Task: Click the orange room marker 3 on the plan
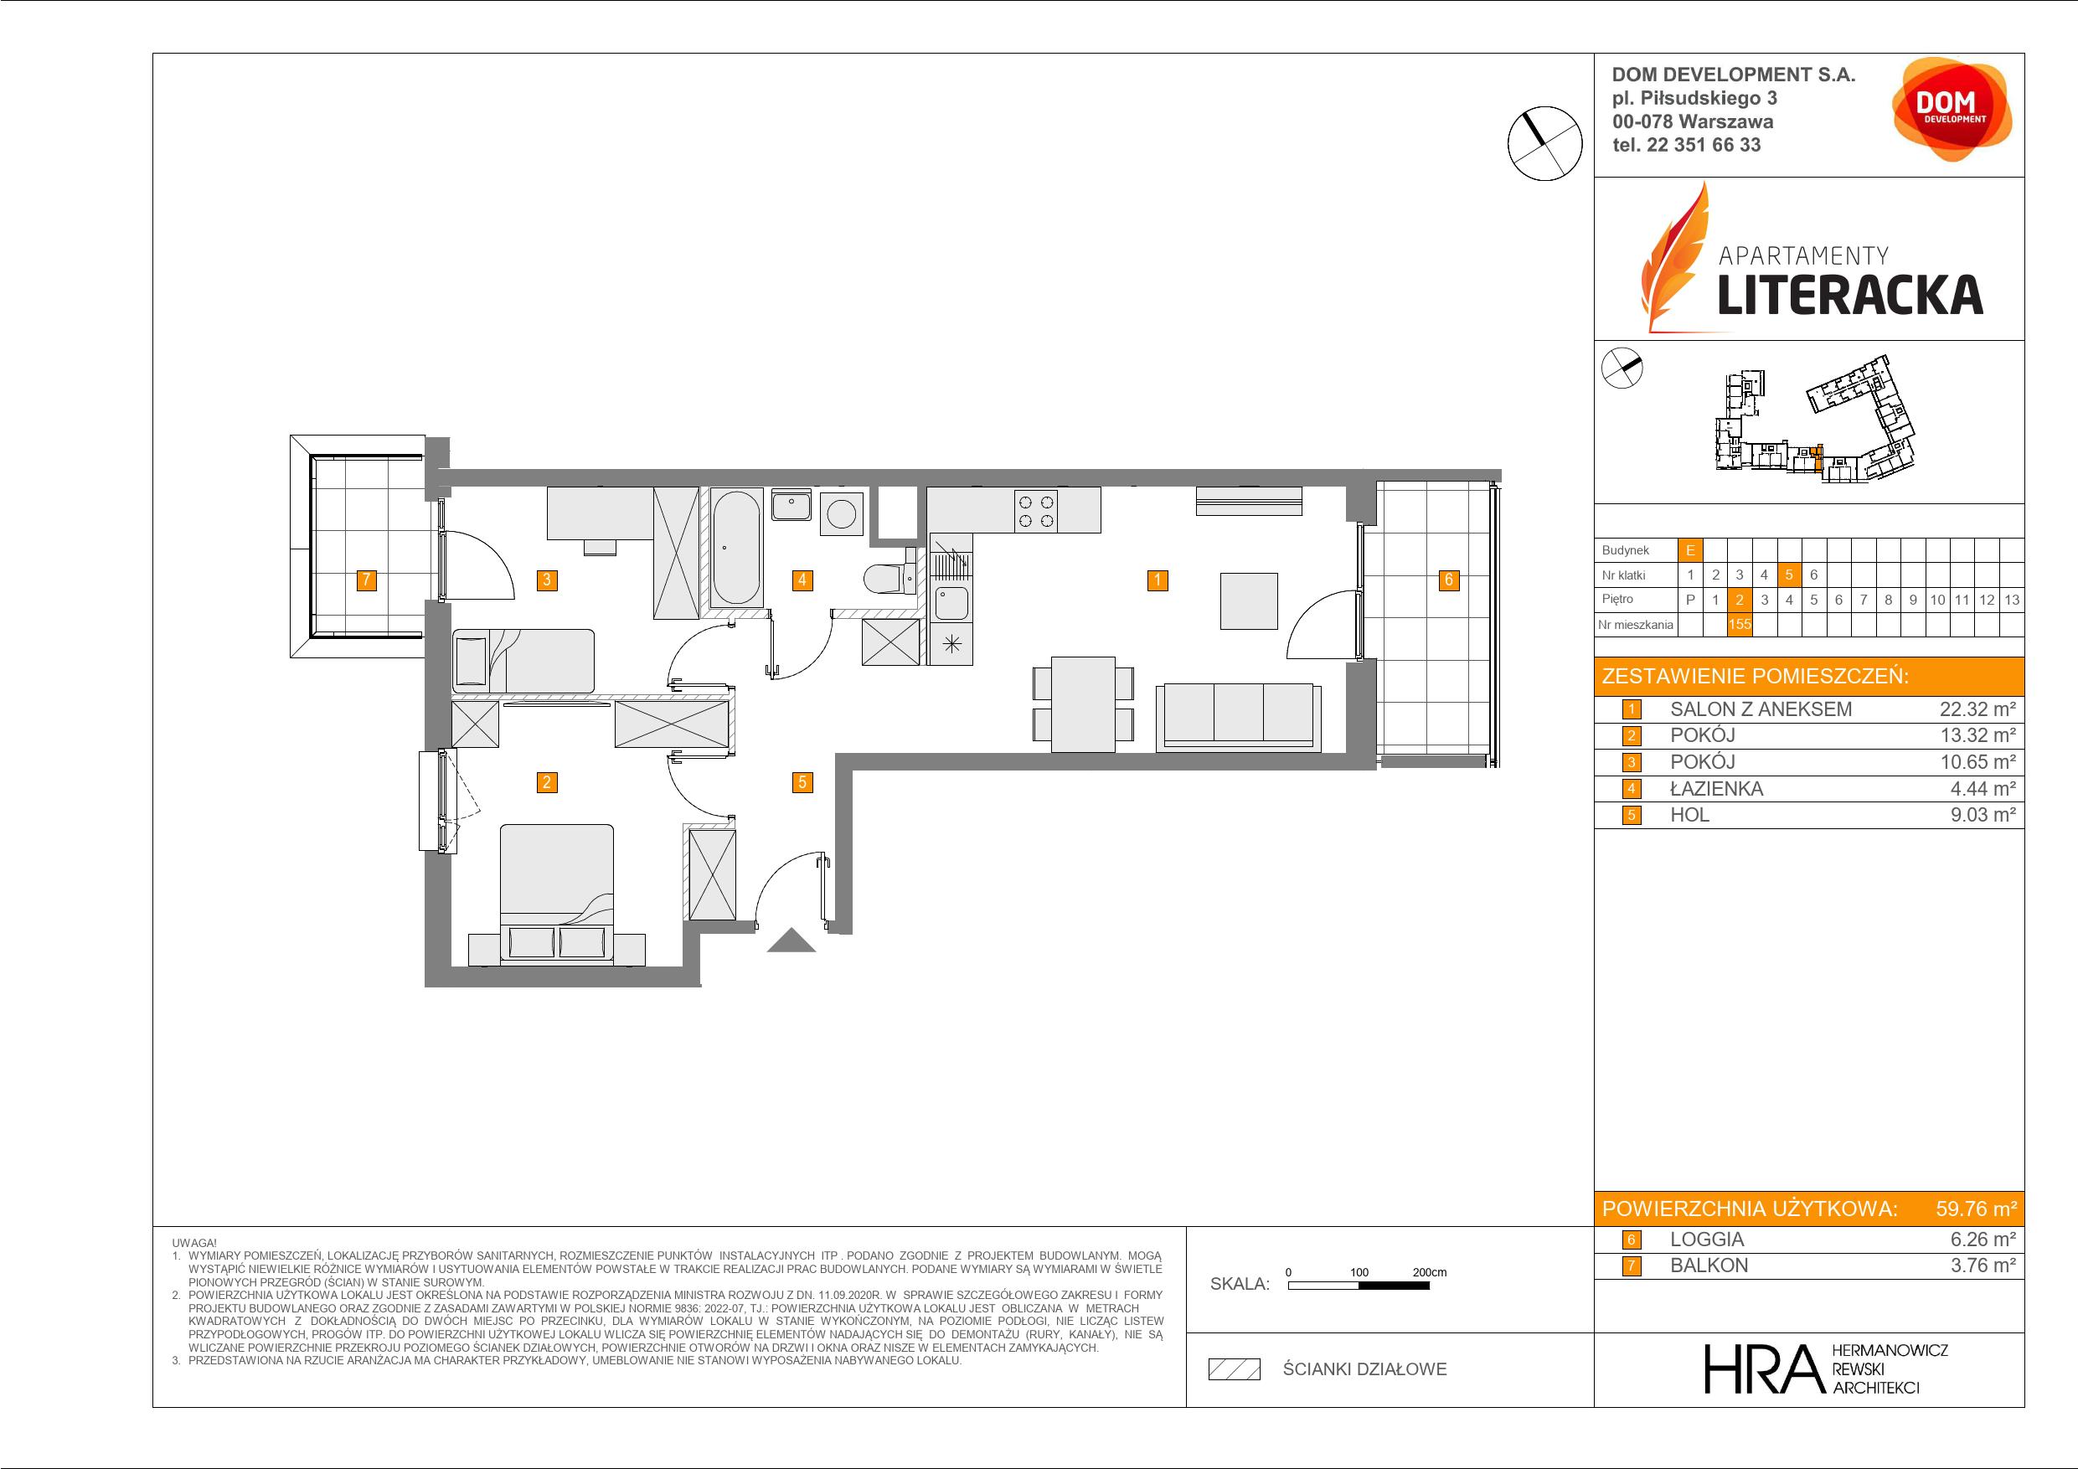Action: (547, 580)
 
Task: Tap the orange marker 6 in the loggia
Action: (1449, 580)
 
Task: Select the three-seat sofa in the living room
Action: (1238, 717)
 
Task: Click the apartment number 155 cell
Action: (1740, 624)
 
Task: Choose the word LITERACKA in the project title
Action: (1850, 294)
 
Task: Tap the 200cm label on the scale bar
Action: (1429, 1271)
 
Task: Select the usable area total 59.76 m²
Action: (1976, 1209)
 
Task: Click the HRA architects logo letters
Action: (1762, 1368)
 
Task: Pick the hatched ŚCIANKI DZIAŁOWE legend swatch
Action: (1235, 1368)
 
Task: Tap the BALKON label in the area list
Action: (1709, 1265)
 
